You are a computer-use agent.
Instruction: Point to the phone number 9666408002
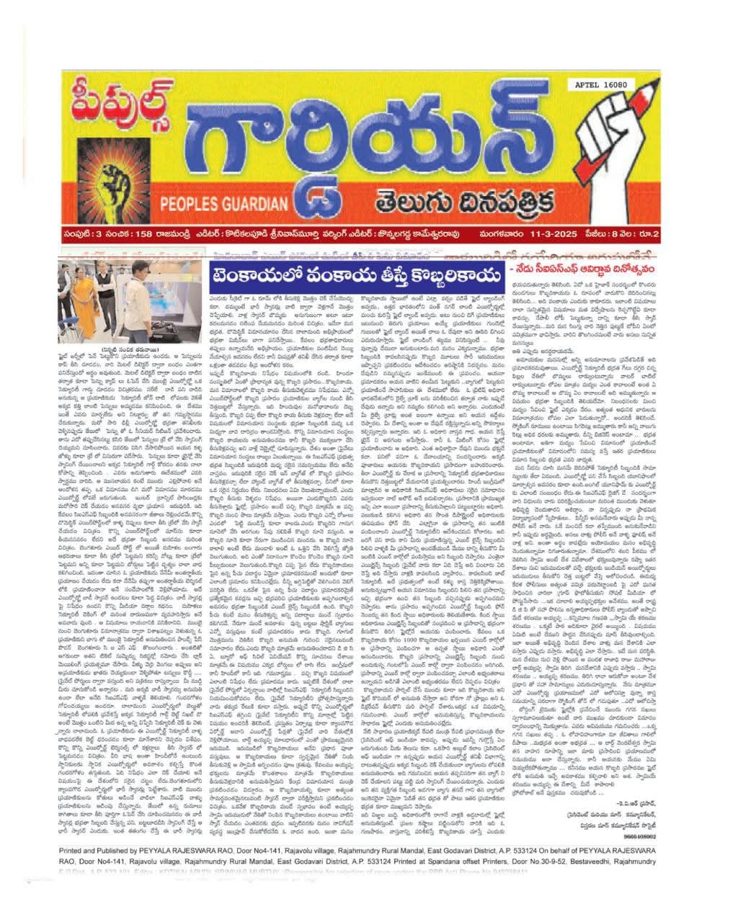(641, 836)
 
